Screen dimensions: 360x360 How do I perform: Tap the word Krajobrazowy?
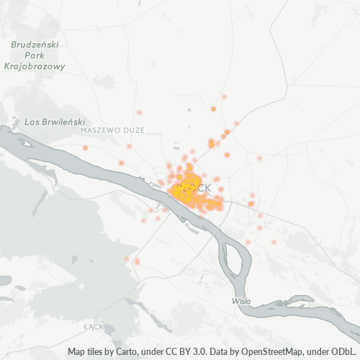point(35,66)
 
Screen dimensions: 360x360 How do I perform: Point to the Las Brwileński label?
point(55,122)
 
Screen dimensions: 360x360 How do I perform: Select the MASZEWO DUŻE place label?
point(112,130)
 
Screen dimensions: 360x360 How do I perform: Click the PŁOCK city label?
point(194,188)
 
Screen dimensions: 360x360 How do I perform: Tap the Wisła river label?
point(242,300)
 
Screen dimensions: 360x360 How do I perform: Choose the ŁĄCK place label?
point(94,326)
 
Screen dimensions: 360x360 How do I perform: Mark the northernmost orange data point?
point(224,96)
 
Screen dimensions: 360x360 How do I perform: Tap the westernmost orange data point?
point(85,148)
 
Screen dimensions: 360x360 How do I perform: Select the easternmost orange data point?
point(274,242)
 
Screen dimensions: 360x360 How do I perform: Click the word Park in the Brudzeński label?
point(34,55)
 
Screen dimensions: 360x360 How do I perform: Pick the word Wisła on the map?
point(242,300)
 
